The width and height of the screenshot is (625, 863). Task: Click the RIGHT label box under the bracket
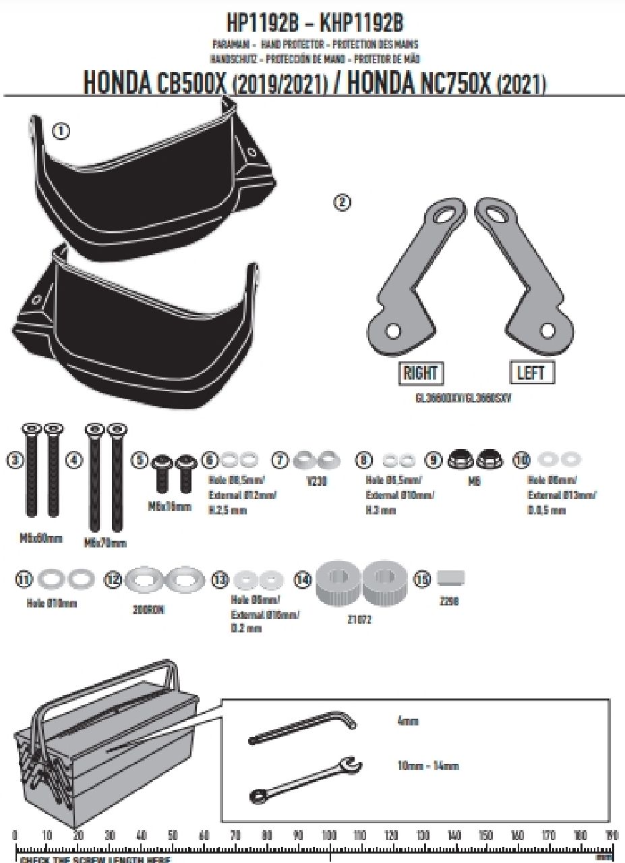click(x=420, y=372)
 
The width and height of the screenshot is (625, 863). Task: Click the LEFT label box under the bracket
click(x=530, y=372)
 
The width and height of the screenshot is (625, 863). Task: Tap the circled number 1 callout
click(x=61, y=131)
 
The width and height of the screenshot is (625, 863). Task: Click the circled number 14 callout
click(x=303, y=579)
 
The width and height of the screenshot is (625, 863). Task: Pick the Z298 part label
click(x=448, y=601)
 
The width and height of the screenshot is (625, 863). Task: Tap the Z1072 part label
click(x=359, y=620)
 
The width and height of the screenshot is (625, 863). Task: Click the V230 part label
click(x=311, y=483)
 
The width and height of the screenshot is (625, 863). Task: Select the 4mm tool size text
click(x=408, y=721)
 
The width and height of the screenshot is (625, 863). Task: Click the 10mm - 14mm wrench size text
click(x=427, y=766)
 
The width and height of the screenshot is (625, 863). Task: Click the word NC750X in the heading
click(x=451, y=83)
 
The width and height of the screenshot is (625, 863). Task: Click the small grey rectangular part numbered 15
click(x=451, y=579)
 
